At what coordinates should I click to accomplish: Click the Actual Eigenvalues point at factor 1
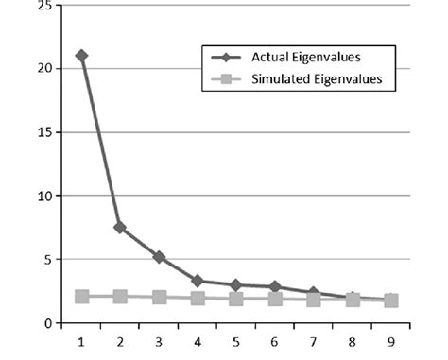[82, 56]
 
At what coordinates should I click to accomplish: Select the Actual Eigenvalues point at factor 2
[121, 227]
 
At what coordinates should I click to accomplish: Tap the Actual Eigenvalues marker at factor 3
[160, 257]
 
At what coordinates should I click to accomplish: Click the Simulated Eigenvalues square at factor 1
[82, 297]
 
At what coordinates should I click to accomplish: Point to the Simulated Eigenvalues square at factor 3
[160, 298]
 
